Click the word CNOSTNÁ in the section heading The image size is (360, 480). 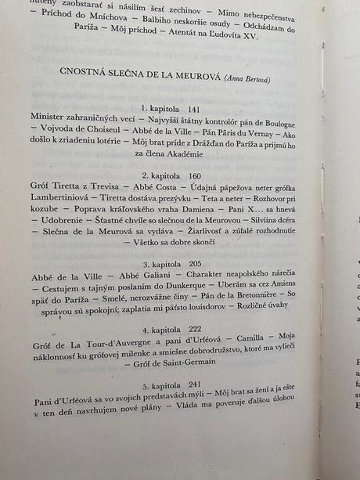tap(84, 72)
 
